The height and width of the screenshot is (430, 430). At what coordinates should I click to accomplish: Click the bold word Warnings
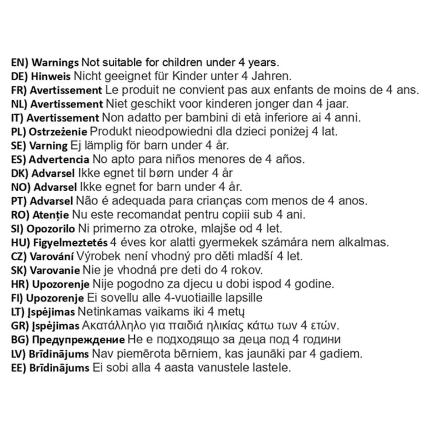click(55, 63)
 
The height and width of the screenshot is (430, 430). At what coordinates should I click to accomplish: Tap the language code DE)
click(20, 77)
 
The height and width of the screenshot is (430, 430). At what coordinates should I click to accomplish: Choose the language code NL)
click(19, 104)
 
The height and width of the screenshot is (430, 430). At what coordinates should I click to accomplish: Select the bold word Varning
click(48, 146)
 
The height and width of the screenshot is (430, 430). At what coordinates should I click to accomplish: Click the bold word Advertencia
click(59, 159)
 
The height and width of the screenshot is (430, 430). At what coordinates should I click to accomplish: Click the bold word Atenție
click(51, 215)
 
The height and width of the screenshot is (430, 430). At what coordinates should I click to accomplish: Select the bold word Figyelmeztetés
click(70, 243)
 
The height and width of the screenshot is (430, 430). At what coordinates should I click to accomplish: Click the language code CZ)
click(19, 257)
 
